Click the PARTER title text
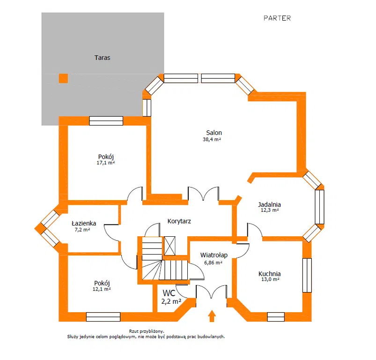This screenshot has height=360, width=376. [x=277, y=18]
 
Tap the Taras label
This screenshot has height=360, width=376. [x=102, y=58]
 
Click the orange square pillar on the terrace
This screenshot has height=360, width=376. [x=63, y=78]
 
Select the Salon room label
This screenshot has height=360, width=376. [x=214, y=133]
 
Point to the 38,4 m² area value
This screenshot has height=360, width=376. [x=212, y=139]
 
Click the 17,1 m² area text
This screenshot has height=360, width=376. [x=106, y=163]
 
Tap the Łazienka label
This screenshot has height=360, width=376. [x=84, y=224]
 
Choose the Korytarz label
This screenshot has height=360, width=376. [x=179, y=221]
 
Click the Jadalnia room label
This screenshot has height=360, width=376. [x=269, y=204]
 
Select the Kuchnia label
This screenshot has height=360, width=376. [x=270, y=274]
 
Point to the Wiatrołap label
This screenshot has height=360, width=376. [x=214, y=255]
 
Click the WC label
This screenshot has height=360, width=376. [x=169, y=293]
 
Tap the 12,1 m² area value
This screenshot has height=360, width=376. [x=102, y=289]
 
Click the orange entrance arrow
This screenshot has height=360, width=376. [x=212, y=316]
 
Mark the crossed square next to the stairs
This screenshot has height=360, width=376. [x=170, y=246]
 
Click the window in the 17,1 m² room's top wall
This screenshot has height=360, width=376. [x=106, y=121]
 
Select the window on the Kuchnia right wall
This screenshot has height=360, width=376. [x=307, y=275]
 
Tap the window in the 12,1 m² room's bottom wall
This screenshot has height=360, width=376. [x=103, y=317]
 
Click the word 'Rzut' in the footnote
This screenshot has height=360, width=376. [x=134, y=331]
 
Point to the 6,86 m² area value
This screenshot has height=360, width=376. [x=213, y=263]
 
